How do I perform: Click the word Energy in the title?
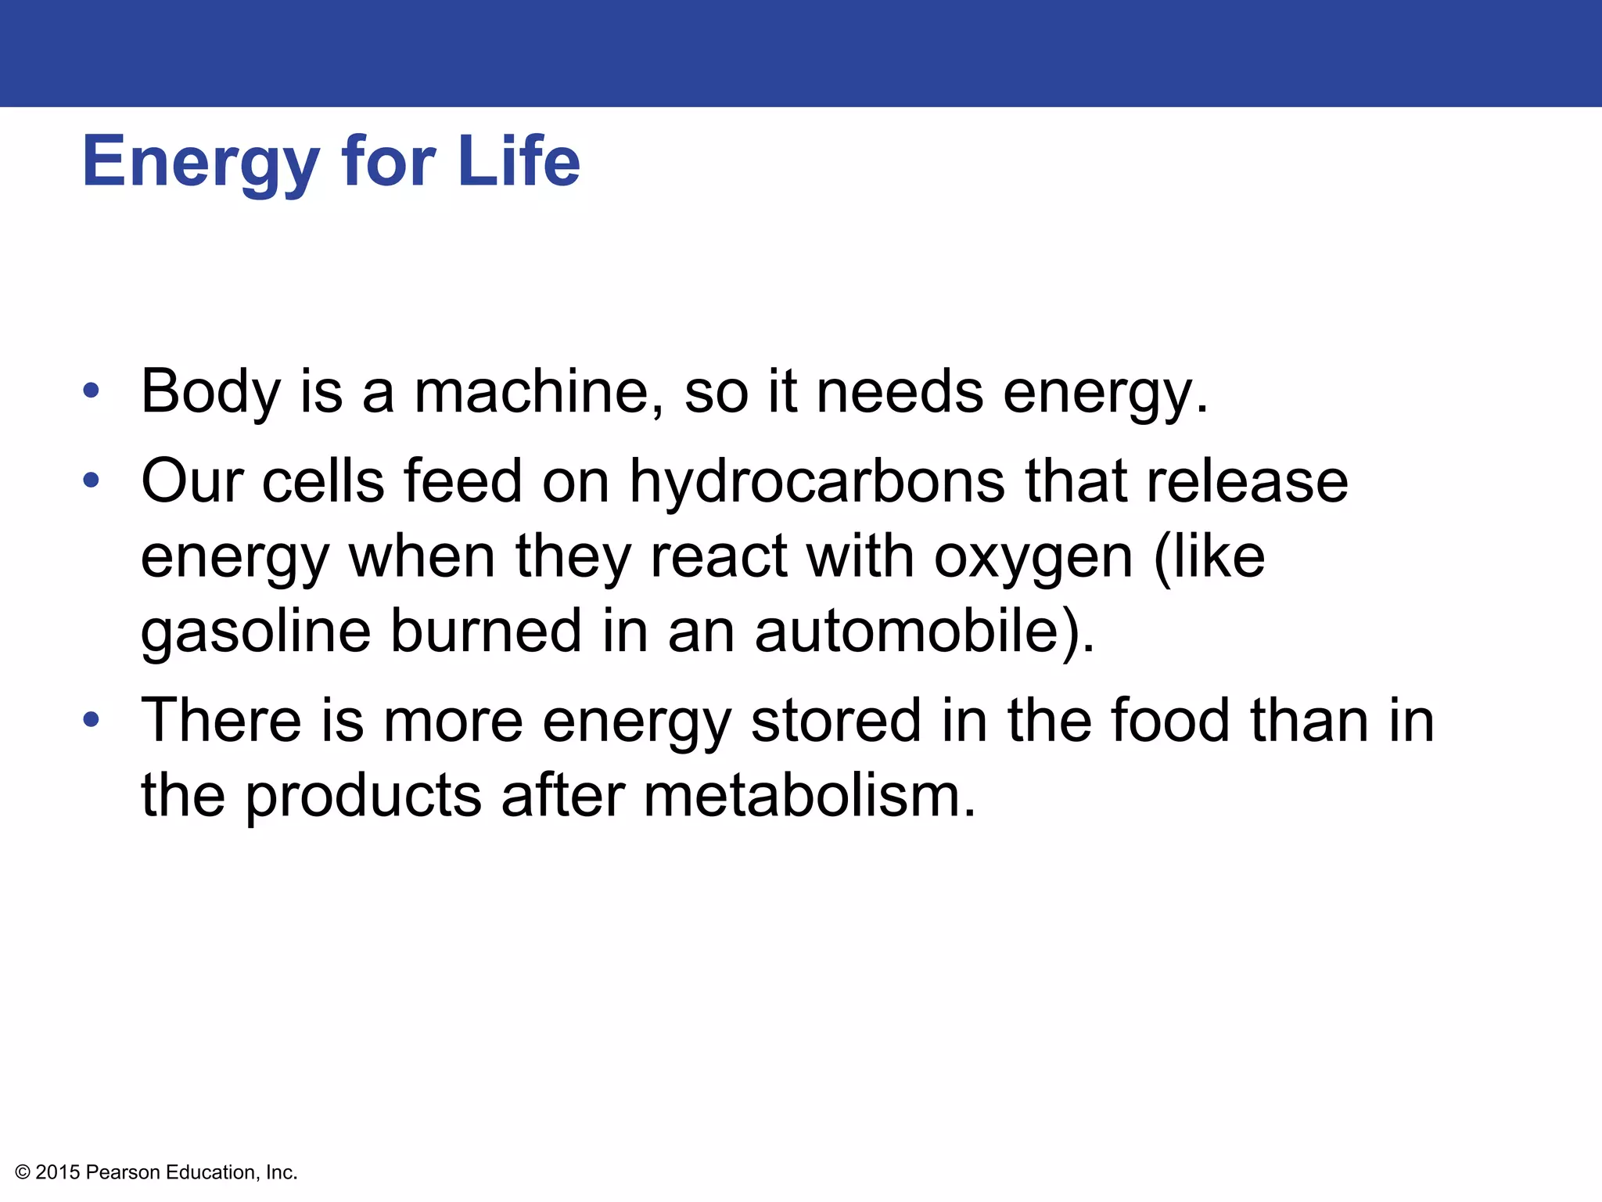coord(200,162)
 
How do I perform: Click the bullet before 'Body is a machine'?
coord(92,390)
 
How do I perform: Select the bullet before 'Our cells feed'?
coord(92,480)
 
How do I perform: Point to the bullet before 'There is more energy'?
coord(92,719)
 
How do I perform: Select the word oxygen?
coord(1033,558)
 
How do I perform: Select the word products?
coord(364,795)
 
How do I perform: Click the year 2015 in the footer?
coord(58,1172)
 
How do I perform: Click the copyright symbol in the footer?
coord(23,1172)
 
